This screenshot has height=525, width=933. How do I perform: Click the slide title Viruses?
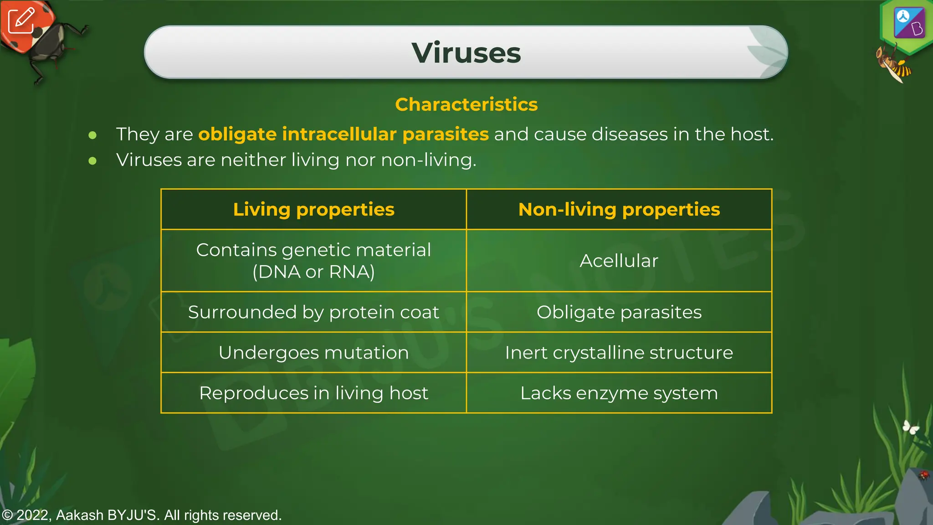(466, 53)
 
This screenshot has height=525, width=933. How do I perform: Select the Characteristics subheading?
(466, 104)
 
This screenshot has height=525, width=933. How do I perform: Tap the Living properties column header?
(313, 209)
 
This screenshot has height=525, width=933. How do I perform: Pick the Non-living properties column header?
(619, 209)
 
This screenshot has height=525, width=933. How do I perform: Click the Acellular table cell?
(619, 261)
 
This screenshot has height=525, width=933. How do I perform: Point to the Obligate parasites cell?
(619, 312)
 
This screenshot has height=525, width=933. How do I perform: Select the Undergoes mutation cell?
(313, 353)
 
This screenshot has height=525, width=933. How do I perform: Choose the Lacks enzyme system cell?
(619, 393)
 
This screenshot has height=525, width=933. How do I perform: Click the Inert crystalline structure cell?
(619, 353)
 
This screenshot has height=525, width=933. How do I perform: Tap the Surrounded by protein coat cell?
(313, 312)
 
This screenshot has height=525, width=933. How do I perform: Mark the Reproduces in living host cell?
(313, 393)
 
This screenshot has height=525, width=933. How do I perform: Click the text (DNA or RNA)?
(313, 272)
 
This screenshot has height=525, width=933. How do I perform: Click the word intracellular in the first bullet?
(339, 134)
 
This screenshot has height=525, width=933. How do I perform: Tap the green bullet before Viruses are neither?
(92, 160)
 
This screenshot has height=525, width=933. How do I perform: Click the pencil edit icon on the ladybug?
(21, 21)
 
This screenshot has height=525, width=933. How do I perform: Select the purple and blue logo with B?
(909, 23)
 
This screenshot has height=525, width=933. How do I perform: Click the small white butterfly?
(911, 427)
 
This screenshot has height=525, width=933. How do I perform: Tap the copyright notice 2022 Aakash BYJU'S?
(142, 515)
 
